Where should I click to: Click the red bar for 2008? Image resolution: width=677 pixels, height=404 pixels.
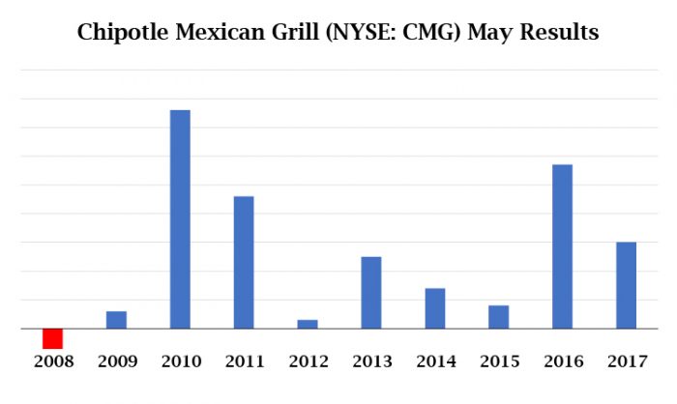pos(52,338)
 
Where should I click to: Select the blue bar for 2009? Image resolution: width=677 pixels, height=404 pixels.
pos(116,320)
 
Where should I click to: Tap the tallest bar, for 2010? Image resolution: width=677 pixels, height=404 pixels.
pos(180,219)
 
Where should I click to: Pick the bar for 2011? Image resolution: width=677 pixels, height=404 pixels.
pos(244,262)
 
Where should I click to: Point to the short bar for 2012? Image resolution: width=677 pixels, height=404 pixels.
pos(308,324)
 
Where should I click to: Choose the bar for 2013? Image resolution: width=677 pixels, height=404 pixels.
pos(371,292)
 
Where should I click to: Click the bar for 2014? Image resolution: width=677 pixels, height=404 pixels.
pos(434,308)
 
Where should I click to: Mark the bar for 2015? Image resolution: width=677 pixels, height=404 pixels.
pos(498,317)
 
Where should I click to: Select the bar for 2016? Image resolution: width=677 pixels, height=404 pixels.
pos(562,246)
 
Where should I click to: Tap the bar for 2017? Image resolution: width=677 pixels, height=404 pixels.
pos(626,285)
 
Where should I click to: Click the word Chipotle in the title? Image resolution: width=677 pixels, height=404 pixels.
pos(121,33)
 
